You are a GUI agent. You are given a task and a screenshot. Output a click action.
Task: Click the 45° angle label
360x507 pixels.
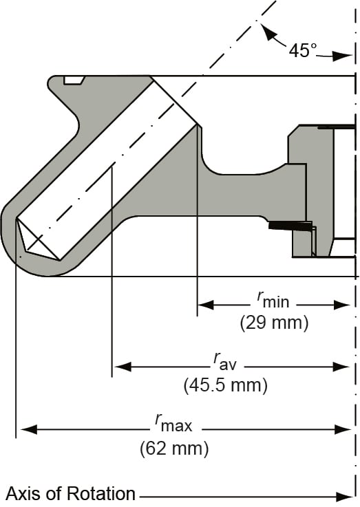[x=303, y=50]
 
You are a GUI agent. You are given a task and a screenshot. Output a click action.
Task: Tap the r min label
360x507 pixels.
[x=271, y=299]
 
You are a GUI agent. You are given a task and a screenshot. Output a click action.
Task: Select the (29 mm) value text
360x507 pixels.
[x=274, y=322]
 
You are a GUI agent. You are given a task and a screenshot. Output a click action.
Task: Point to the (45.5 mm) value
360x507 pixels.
[x=225, y=385]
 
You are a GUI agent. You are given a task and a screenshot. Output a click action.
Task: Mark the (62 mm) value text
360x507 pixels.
[x=173, y=449]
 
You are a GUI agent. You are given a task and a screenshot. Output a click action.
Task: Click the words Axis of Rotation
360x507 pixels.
[x=71, y=493]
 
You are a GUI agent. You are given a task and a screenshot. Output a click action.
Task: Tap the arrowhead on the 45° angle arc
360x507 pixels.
[x=266, y=30]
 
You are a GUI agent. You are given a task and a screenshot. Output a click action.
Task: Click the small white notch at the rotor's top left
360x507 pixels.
[x=73, y=80]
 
